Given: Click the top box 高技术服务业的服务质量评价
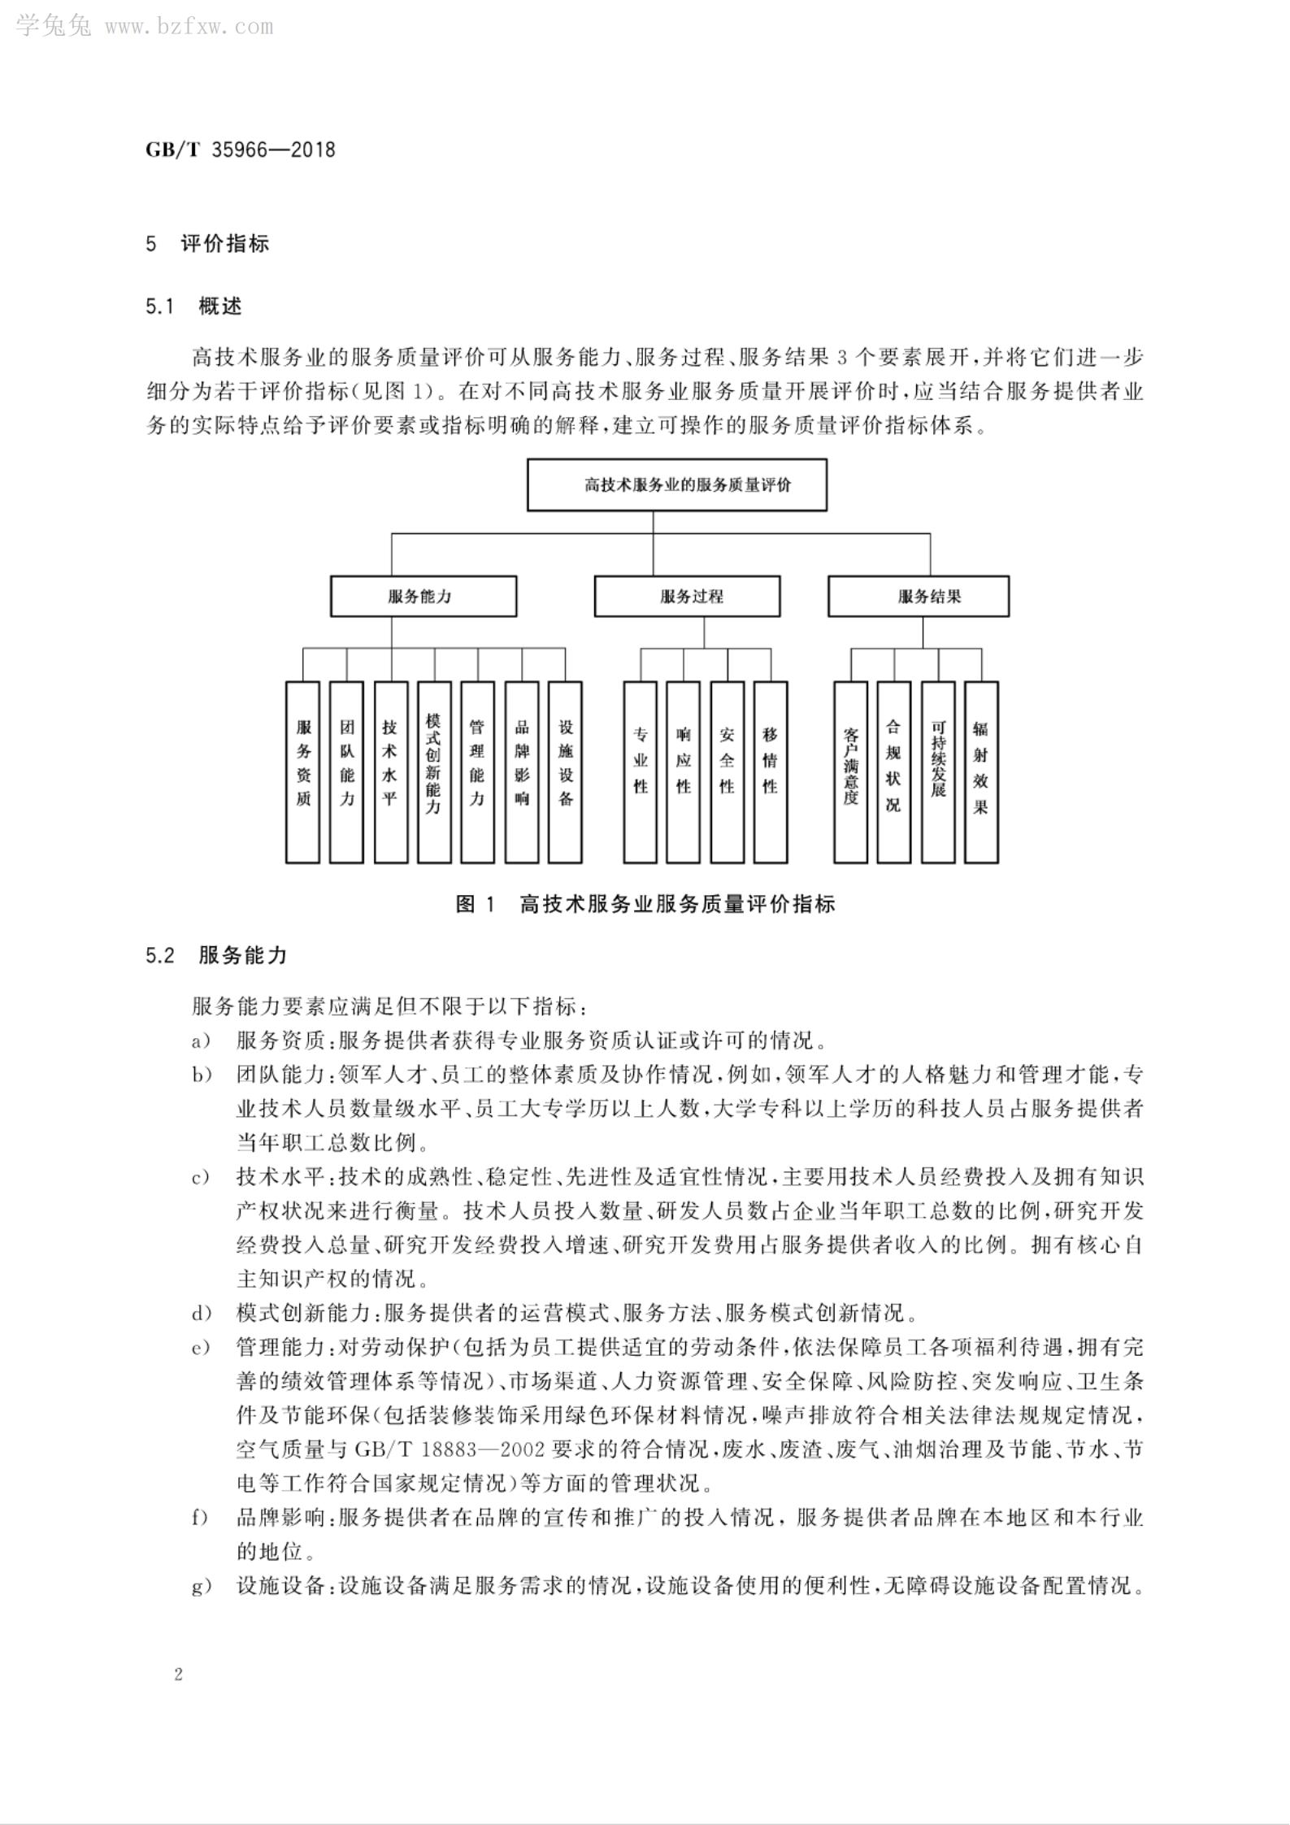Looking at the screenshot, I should (x=676, y=485).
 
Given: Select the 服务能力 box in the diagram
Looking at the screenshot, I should (x=423, y=596).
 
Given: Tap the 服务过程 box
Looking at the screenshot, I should (x=687, y=596).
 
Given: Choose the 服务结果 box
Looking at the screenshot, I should (x=918, y=596).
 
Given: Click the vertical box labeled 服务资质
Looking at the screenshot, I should (x=302, y=771).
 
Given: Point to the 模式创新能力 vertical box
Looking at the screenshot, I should (x=433, y=771).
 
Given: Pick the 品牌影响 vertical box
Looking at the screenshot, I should (x=521, y=771).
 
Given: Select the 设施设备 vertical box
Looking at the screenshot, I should (x=565, y=771).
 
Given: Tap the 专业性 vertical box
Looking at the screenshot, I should (x=640, y=771).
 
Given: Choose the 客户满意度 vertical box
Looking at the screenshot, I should (x=850, y=771).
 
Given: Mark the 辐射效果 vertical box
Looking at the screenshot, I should (x=981, y=771).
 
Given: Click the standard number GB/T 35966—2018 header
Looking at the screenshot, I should (x=241, y=150).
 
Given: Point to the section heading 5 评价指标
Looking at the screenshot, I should (x=207, y=244).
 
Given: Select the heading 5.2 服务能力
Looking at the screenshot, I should (x=217, y=955).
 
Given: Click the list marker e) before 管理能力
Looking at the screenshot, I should (x=201, y=1349).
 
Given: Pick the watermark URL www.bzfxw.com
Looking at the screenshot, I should (x=189, y=27).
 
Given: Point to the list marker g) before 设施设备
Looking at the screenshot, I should (x=201, y=1587).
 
